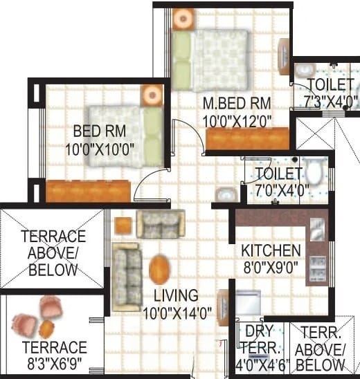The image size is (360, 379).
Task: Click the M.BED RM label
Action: pos(237,103)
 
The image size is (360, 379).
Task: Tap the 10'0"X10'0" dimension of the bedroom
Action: pos(100,149)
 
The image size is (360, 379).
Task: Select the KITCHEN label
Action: pos(271,250)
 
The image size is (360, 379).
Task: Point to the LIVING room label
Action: pos(176,295)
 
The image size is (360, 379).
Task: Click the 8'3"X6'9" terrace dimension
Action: pos(55,364)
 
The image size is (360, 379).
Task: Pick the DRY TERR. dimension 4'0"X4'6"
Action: pos(262,365)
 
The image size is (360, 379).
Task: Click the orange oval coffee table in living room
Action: pos(159,269)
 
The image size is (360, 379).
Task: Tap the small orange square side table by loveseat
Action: pos(123,225)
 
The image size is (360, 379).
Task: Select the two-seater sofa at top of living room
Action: pos(161,224)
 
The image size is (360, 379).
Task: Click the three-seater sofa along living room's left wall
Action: pos(127,277)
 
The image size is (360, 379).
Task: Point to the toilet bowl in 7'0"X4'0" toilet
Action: pos(314,171)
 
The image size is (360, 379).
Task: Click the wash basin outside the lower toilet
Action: pos(226,194)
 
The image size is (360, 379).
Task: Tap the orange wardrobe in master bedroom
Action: pos(248,138)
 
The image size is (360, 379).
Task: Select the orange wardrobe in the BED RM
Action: pos(89,191)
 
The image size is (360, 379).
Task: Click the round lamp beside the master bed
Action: pos(183,19)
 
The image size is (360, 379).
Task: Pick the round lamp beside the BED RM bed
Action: pos(152,95)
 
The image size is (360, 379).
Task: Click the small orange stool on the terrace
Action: pos(46,329)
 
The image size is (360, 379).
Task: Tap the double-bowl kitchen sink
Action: pos(317,268)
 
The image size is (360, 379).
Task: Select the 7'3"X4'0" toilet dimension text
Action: pos(331,102)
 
